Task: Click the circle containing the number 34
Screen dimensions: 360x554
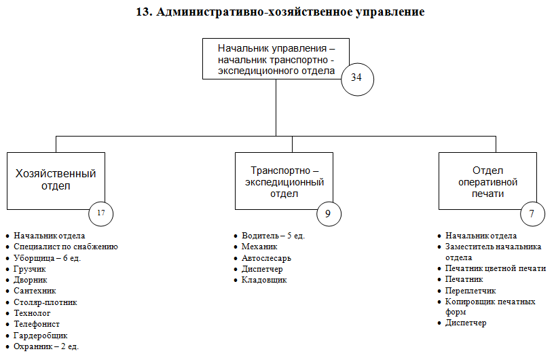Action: [356, 77]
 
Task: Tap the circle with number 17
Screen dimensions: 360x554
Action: [100, 213]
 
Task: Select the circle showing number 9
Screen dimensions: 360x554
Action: [329, 213]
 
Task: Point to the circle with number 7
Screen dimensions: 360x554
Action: [532, 213]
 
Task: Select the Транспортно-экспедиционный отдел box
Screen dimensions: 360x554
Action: [285, 180]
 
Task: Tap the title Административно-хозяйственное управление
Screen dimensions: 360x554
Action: [280, 12]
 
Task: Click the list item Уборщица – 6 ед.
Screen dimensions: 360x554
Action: [48, 257]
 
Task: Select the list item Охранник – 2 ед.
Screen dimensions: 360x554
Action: [46, 346]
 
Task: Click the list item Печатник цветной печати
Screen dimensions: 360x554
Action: [495, 268]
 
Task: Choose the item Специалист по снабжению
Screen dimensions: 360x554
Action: [66, 247]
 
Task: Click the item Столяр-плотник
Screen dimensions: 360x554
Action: [45, 302]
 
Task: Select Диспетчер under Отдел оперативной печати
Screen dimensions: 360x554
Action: [466, 323]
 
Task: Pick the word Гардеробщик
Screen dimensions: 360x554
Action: [41, 335]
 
